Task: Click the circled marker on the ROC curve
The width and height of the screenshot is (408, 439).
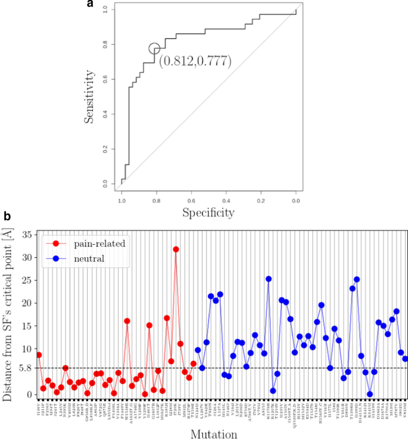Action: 154,49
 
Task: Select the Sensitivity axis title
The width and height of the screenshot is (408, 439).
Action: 89,96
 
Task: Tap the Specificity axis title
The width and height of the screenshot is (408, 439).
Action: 208,211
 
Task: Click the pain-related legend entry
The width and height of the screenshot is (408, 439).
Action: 80,244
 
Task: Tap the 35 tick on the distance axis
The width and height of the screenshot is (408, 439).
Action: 25,235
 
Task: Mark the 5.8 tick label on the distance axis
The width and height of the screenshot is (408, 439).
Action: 24,368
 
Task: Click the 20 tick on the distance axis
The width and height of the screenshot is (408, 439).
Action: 25,303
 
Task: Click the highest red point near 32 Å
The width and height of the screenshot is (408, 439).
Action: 176,249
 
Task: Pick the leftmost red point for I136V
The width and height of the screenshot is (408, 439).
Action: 39,355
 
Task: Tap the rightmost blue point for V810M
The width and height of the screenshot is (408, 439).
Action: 405,359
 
